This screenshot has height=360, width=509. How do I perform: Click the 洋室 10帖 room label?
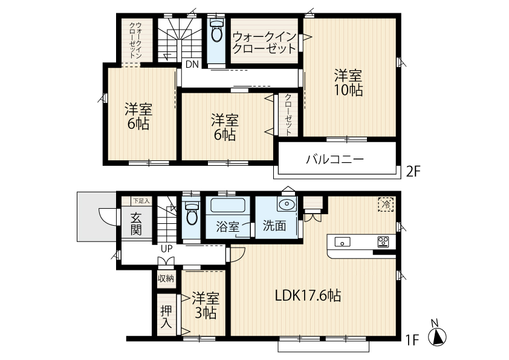tap(349, 83)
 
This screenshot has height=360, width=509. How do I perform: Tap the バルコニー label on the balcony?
tap(336, 160)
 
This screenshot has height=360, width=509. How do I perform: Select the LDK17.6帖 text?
tap(308, 296)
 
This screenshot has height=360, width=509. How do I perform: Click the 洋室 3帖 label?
tap(206, 306)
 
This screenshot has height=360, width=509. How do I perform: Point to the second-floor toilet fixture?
tap(216, 30)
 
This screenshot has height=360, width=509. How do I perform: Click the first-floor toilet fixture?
tap(192, 213)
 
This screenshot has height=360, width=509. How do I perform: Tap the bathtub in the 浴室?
tap(228, 205)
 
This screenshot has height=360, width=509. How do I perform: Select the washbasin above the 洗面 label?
tap(286, 205)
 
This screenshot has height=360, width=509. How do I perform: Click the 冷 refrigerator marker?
tap(386, 205)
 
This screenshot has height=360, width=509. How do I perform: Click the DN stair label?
tap(192, 64)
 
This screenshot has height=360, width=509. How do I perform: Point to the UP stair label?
tap(167, 249)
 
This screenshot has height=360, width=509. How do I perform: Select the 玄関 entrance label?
tap(137, 224)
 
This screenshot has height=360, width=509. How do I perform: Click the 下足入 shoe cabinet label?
tap(141, 201)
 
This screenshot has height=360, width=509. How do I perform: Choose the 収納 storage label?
tap(166, 278)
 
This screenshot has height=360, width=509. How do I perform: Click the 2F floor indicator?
tap(413, 171)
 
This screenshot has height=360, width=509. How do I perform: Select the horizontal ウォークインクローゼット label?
tap(265, 42)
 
